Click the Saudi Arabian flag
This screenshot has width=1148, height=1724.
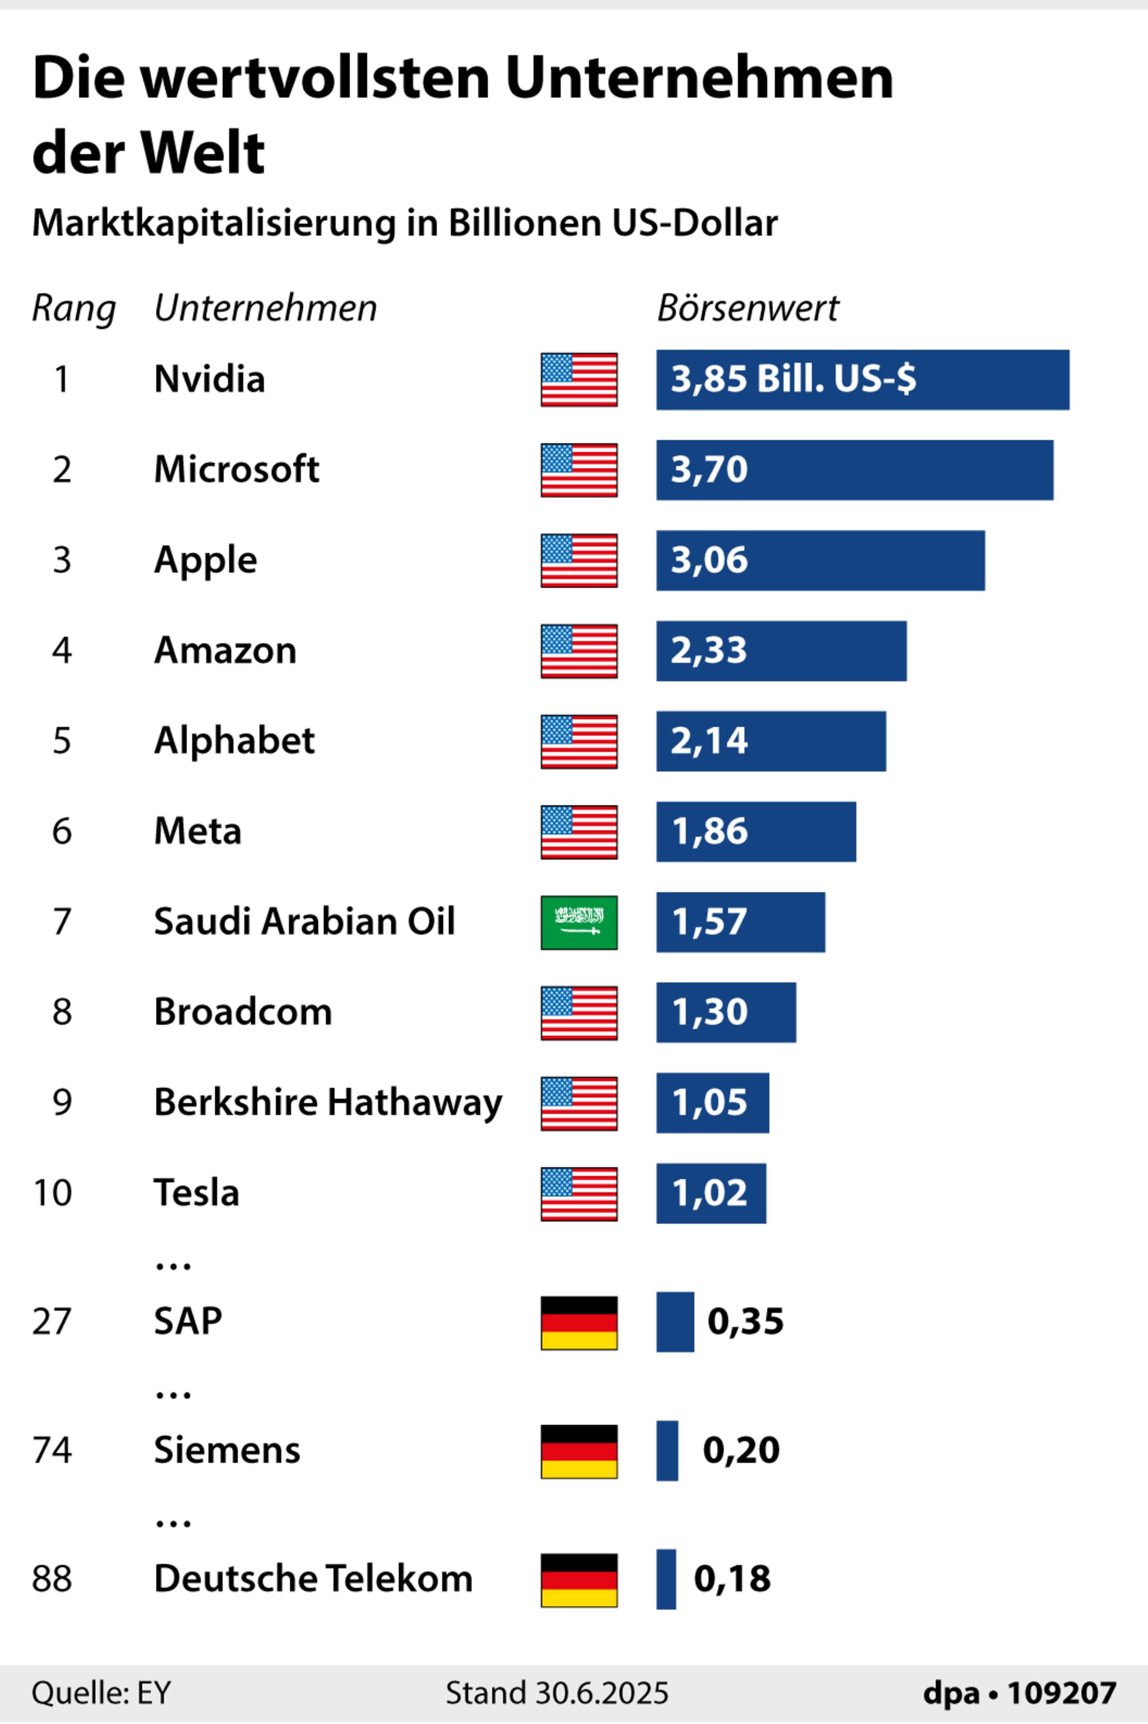click(578, 922)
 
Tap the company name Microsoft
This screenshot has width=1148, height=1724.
click(237, 469)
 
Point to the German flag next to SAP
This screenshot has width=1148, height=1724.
click(578, 1323)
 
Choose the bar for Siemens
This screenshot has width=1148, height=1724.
click(667, 1451)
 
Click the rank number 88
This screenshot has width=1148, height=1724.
click(52, 1579)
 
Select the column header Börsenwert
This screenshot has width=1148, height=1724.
click(748, 308)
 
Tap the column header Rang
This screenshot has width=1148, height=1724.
click(73, 308)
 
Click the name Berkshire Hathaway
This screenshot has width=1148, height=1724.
click(328, 1102)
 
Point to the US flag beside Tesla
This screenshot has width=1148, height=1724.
click(578, 1194)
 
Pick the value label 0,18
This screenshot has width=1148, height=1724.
click(732, 1579)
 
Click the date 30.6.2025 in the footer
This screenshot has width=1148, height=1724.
click(602, 1693)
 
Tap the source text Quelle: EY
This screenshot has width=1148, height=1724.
click(101, 1693)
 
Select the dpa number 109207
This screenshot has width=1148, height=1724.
click(1062, 1693)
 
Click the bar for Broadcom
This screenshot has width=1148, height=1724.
click(725, 1013)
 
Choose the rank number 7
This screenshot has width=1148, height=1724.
click(62, 922)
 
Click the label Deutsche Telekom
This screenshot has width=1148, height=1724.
click(313, 1579)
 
